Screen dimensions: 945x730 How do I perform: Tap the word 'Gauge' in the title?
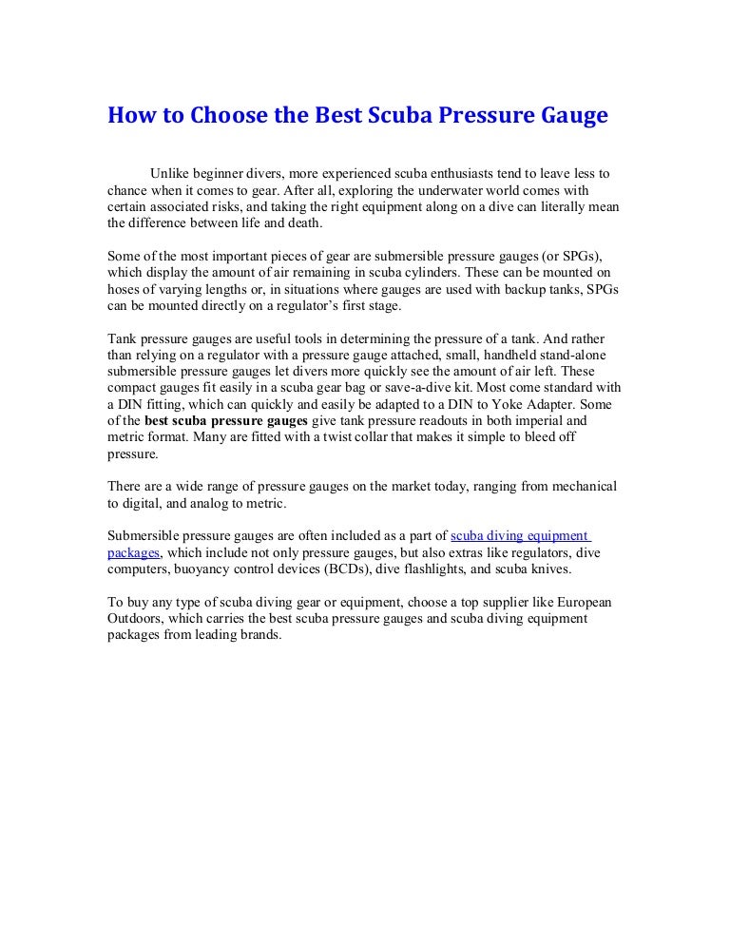pos(568,118)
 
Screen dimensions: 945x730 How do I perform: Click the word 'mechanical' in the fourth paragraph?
pos(582,487)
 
